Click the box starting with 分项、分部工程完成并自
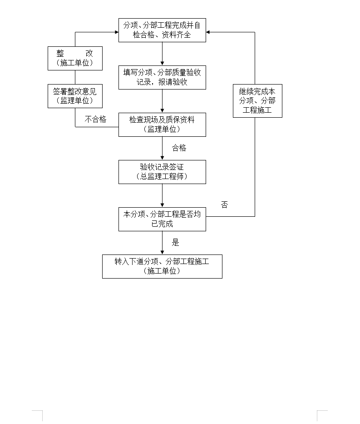pyautogui.click(x=162, y=30)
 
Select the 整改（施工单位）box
pyautogui.click(x=75, y=59)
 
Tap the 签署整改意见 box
pyautogui.click(x=75, y=96)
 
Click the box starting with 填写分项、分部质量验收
pyautogui.click(x=162, y=77)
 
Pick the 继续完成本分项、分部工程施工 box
pyautogui.click(x=257, y=101)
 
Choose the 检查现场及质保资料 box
pyautogui.click(x=162, y=125)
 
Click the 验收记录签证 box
pyautogui.click(x=162, y=172)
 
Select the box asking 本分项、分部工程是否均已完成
pyautogui.click(x=162, y=219)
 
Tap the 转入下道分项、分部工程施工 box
pyautogui.click(x=162, y=266)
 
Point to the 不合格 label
pyautogui.click(x=96, y=119)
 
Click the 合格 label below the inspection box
pyautogui.click(x=179, y=148)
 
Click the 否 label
pyautogui.click(x=224, y=205)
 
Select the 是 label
pyautogui.click(x=176, y=243)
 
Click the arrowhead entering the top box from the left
pyautogui.click(x=117, y=32)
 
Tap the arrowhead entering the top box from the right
pyautogui.click(x=208, y=32)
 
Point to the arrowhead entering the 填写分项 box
pyautogui.click(x=163, y=64)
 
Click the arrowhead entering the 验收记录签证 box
pyautogui.click(x=163, y=158)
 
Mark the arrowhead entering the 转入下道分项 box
pyautogui.click(x=163, y=253)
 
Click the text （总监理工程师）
pyautogui.click(x=162, y=177)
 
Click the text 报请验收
pyautogui.click(x=173, y=82)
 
